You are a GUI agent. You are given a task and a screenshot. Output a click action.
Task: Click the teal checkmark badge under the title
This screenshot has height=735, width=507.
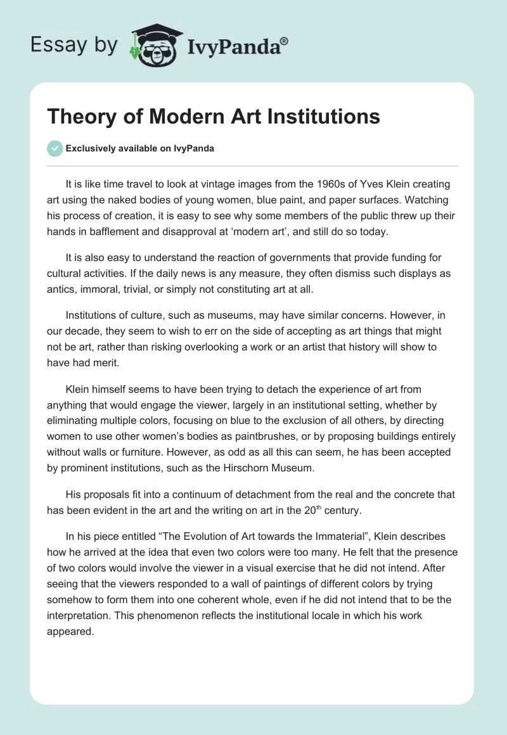pos(55,148)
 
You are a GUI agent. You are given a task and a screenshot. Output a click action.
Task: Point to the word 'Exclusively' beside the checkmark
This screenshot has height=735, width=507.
pos(88,149)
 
